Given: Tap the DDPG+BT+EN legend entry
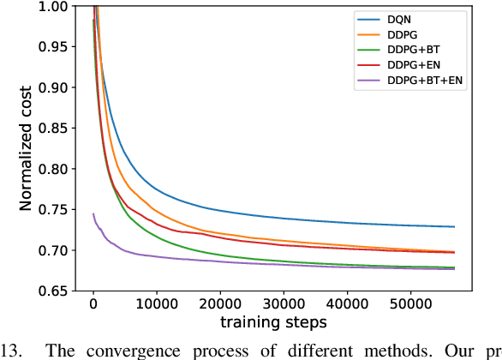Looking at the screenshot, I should click(x=415, y=81).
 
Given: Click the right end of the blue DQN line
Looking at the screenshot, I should click(x=453, y=227).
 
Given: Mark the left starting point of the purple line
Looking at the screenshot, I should click(x=93, y=213).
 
